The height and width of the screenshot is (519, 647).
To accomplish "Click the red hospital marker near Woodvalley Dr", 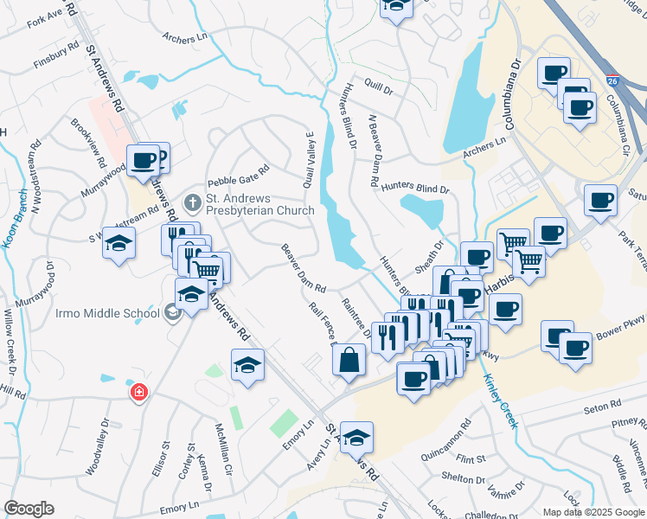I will point(138,394).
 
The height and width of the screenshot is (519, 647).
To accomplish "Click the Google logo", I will point(29,508).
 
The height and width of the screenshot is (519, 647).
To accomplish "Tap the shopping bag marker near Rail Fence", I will point(348,361).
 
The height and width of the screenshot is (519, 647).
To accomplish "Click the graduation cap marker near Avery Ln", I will point(356,438).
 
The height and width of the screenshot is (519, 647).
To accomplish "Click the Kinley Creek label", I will point(502,400).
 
